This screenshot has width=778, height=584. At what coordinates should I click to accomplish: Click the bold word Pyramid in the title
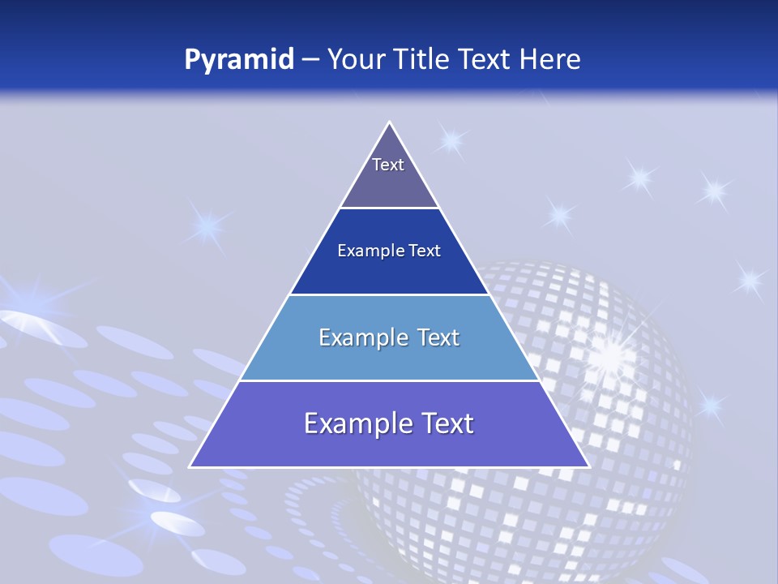(239, 60)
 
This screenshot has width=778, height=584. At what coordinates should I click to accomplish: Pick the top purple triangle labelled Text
(389, 174)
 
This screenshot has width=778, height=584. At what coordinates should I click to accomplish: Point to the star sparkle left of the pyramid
(208, 225)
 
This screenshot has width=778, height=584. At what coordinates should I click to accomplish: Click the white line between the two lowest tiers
(389, 380)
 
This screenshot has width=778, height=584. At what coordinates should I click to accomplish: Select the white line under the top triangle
(389, 208)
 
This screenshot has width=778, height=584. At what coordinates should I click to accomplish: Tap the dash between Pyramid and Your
(310, 60)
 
